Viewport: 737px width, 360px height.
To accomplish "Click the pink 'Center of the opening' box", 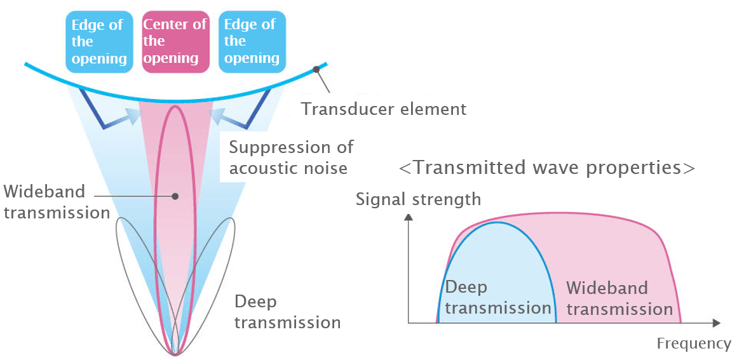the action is pyautogui.click(x=175, y=41).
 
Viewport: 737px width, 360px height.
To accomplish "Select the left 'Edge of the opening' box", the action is pyautogui.click(x=99, y=41).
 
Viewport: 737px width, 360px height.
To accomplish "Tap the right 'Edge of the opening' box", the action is pyautogui.click(x=252, y=41).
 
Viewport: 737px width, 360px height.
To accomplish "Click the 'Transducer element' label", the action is pyautogui.click(x=384, y=109).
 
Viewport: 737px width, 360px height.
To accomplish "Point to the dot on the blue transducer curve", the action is pyautogui.click(x=316, y=70).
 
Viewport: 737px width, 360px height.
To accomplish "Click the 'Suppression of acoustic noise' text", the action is pyautogui.click(x=291, y=157).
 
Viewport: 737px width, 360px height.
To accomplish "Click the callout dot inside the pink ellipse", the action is pyautogui.click(x=175, y=196).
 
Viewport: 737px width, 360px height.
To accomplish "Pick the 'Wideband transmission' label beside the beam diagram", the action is pyautogui.click(x=57, y=202).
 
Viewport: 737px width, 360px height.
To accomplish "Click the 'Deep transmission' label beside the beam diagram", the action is pyautogui.click(x=287, y=312).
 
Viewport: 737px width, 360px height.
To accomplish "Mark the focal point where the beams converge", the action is pyautogui.click(x=175, y=354).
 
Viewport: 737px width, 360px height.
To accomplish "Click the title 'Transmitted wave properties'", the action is pyautogui.click(x=546, y=168).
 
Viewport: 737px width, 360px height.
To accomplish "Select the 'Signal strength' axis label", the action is pyautogui.click(x=418, y=199).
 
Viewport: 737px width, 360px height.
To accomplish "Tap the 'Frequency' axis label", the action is pyautogui.click(x=694, y=343).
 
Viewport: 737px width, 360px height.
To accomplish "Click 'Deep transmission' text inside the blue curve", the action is pyautogui.click(x=497, y=298).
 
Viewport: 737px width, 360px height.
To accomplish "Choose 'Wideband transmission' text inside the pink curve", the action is pyautogui.click(x=619, y=298).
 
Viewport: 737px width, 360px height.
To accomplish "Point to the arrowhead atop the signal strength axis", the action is pyautogui.click(x=409, y=217).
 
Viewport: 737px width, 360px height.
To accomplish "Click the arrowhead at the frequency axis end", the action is pyautogui.click(x=716, y=323).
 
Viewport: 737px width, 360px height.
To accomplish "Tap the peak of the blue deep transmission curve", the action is pyautogui.click(x=499, y=222).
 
